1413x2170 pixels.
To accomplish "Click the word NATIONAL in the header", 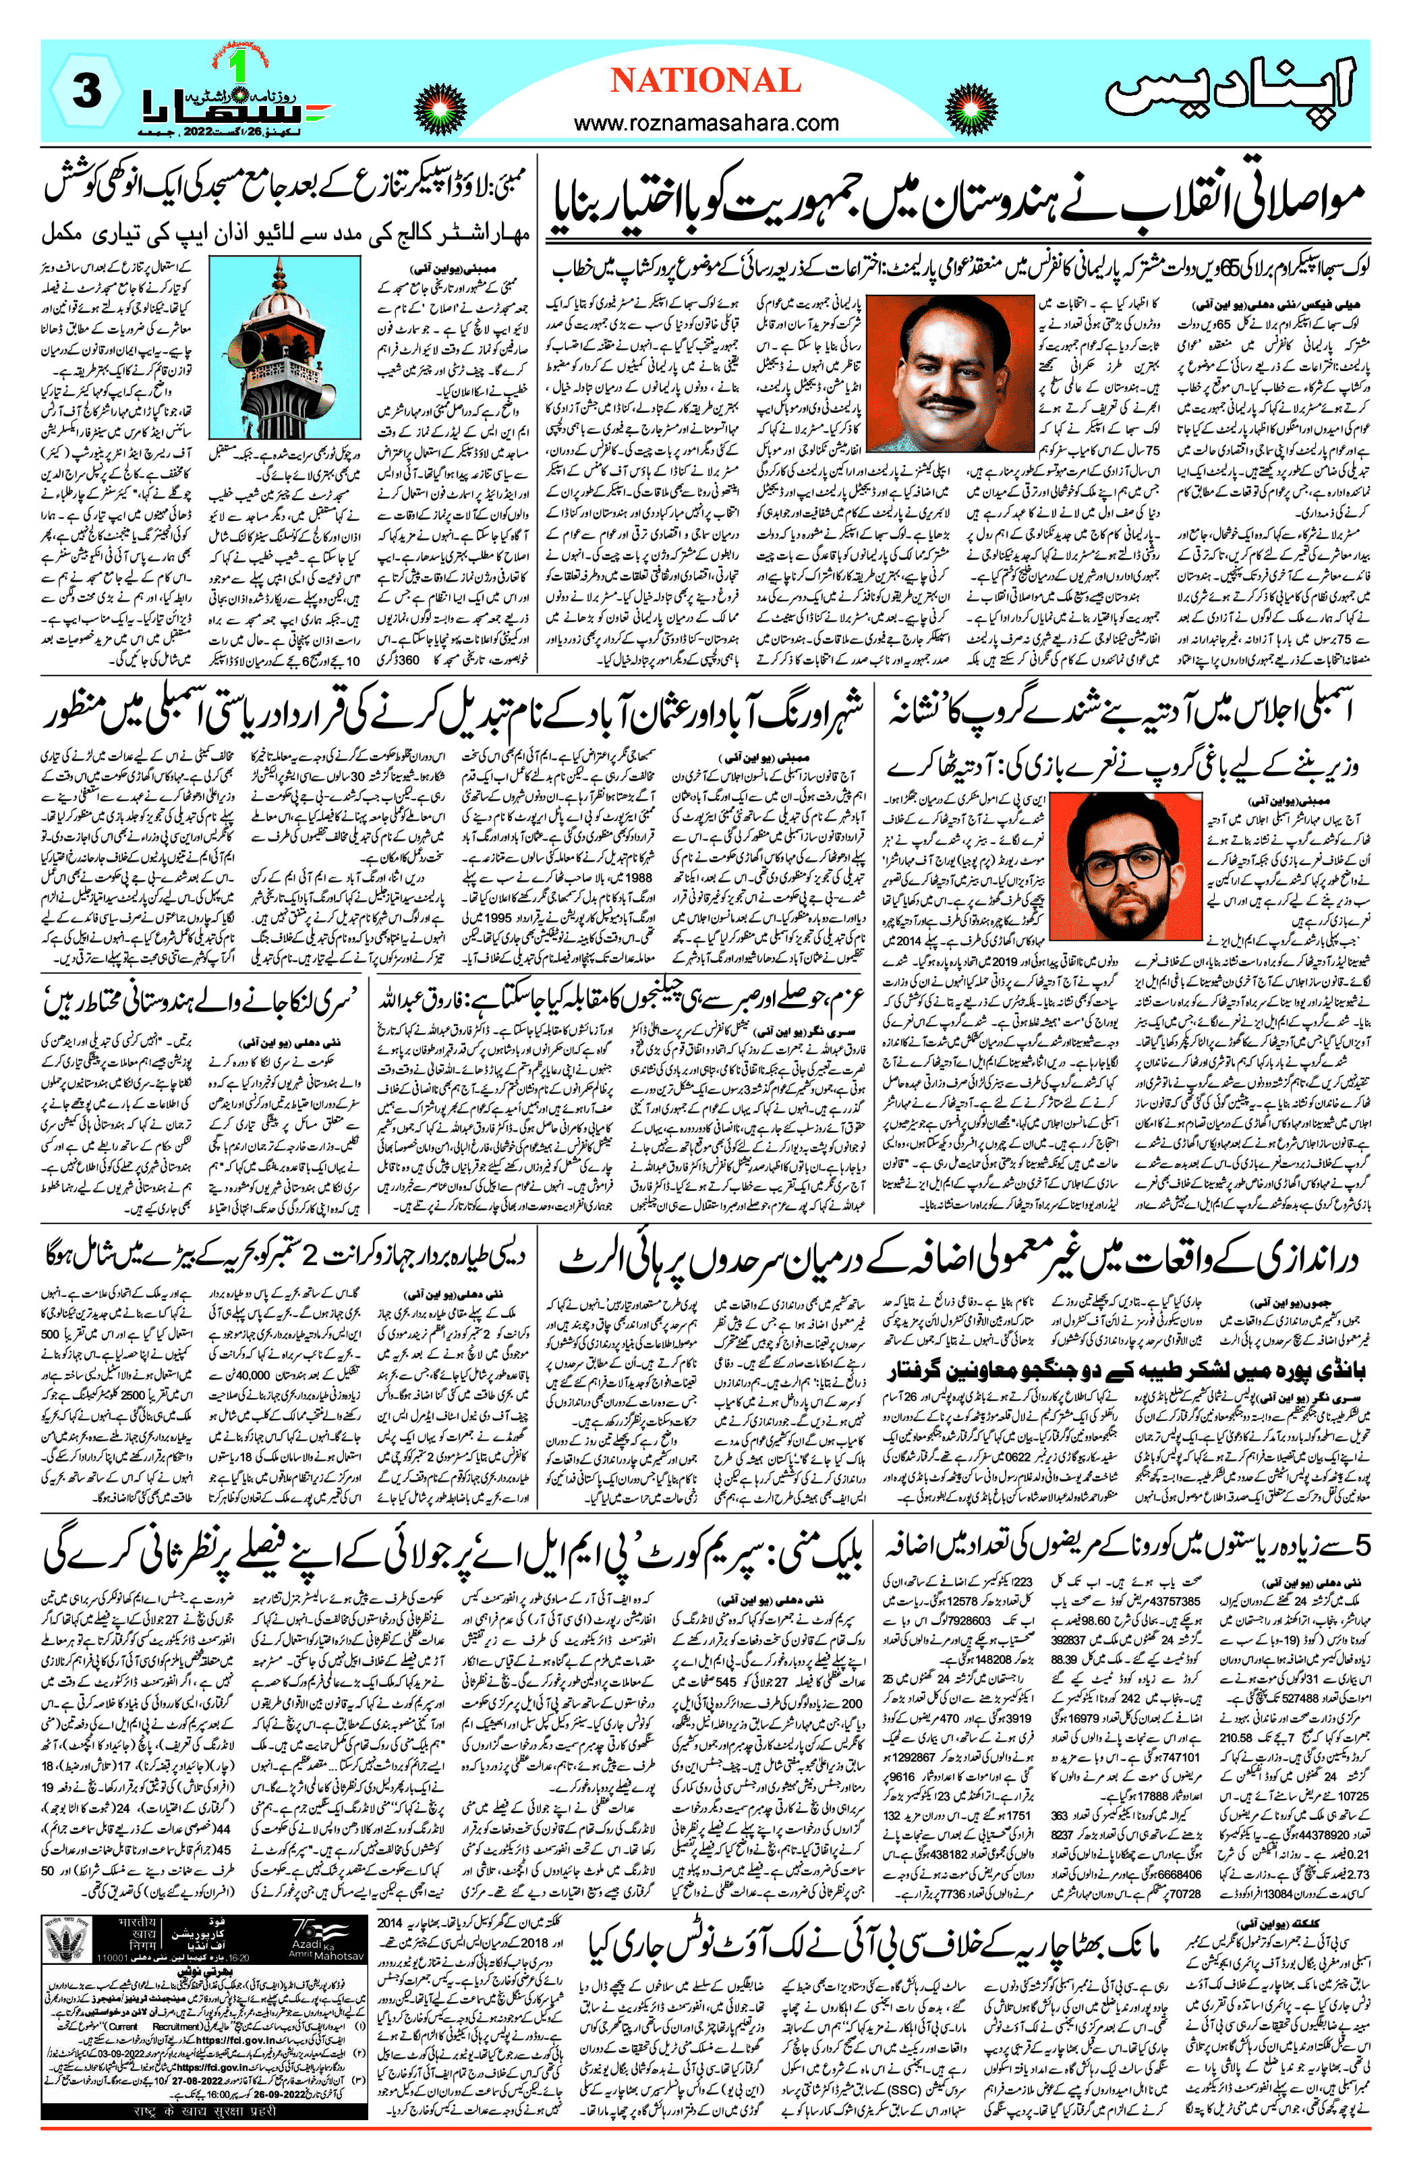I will pyautogui.click(x=705, y=81).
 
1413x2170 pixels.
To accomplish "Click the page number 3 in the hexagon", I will pyautogui.click(x=86, y=92).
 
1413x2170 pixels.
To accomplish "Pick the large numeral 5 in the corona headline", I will pyautogui.click(x=1361, y=1545).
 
